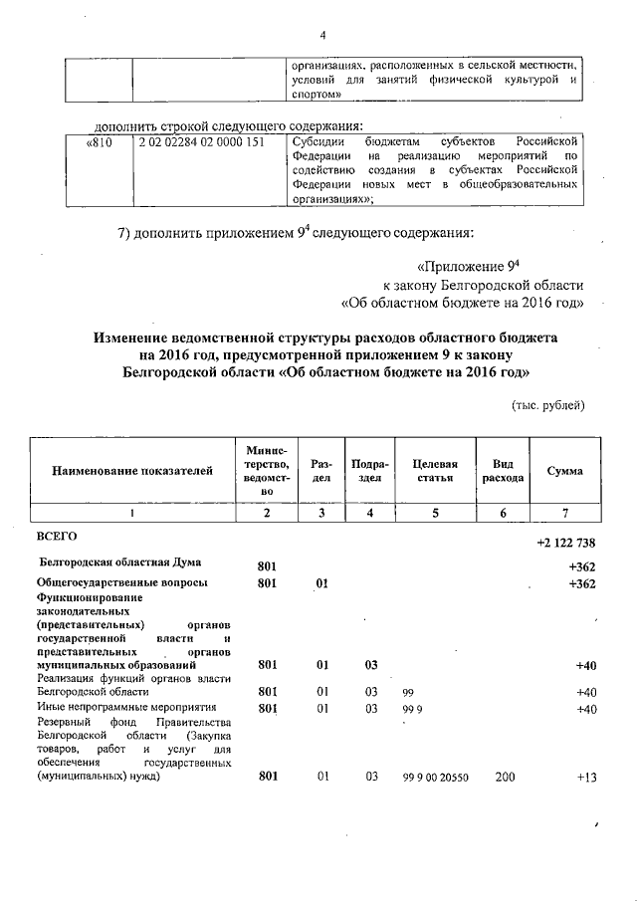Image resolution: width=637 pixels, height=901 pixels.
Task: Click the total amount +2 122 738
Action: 565,542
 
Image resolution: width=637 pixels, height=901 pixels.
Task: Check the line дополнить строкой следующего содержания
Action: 235,126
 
